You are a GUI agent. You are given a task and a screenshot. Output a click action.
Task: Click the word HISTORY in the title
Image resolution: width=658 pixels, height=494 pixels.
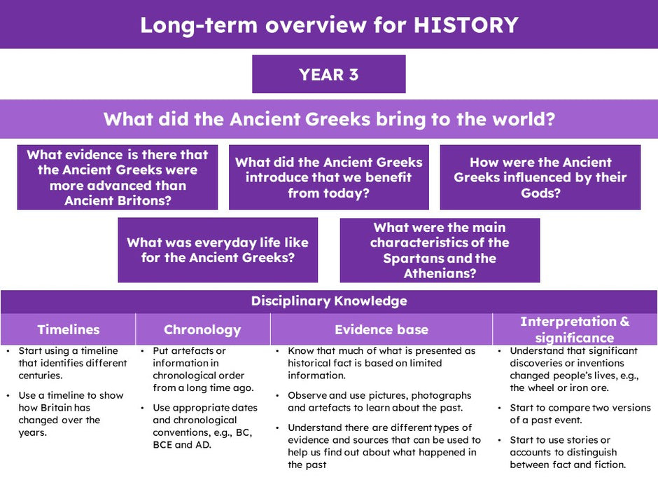coord(465,25)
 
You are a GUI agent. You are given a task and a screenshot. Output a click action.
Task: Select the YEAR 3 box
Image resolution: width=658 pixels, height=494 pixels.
coord(328,74)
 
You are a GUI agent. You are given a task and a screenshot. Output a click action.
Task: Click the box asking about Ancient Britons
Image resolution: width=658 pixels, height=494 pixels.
coord(118,177)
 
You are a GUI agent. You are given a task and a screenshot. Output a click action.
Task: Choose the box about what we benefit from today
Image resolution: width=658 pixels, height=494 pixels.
coord(328,177)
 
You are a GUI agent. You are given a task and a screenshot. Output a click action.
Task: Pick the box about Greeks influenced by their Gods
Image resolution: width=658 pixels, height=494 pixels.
coord(540,177)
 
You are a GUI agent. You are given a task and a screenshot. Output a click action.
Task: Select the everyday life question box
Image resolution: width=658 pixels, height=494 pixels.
coord(218,250)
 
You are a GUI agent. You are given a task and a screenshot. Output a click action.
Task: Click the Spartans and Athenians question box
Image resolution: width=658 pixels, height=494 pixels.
coord(440,250)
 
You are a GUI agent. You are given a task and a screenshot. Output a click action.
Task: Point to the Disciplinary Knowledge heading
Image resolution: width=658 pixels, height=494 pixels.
coord(329,301)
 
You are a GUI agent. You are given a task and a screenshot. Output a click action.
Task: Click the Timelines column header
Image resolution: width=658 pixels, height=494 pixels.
coord(68,329)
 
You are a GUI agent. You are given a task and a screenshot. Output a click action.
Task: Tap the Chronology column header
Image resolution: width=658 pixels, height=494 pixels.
coord(203,329)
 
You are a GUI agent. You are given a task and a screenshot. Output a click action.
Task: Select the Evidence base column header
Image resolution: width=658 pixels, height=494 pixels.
coord(381,329)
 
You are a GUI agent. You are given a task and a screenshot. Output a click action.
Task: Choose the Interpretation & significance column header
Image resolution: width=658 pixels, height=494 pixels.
coord(575,329)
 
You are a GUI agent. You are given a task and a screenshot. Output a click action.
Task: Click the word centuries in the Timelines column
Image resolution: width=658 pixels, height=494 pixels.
coord(40,376)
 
